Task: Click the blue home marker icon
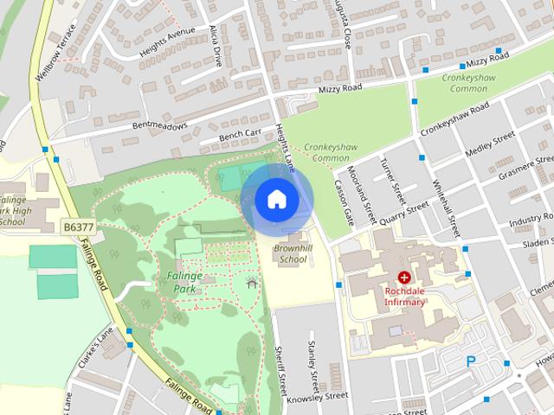tap(276, 199)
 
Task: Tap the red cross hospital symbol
tap(403, 278)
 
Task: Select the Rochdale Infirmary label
tap(404, 297)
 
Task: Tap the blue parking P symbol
tap(472, 362)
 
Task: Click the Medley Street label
tap(490, 146)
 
